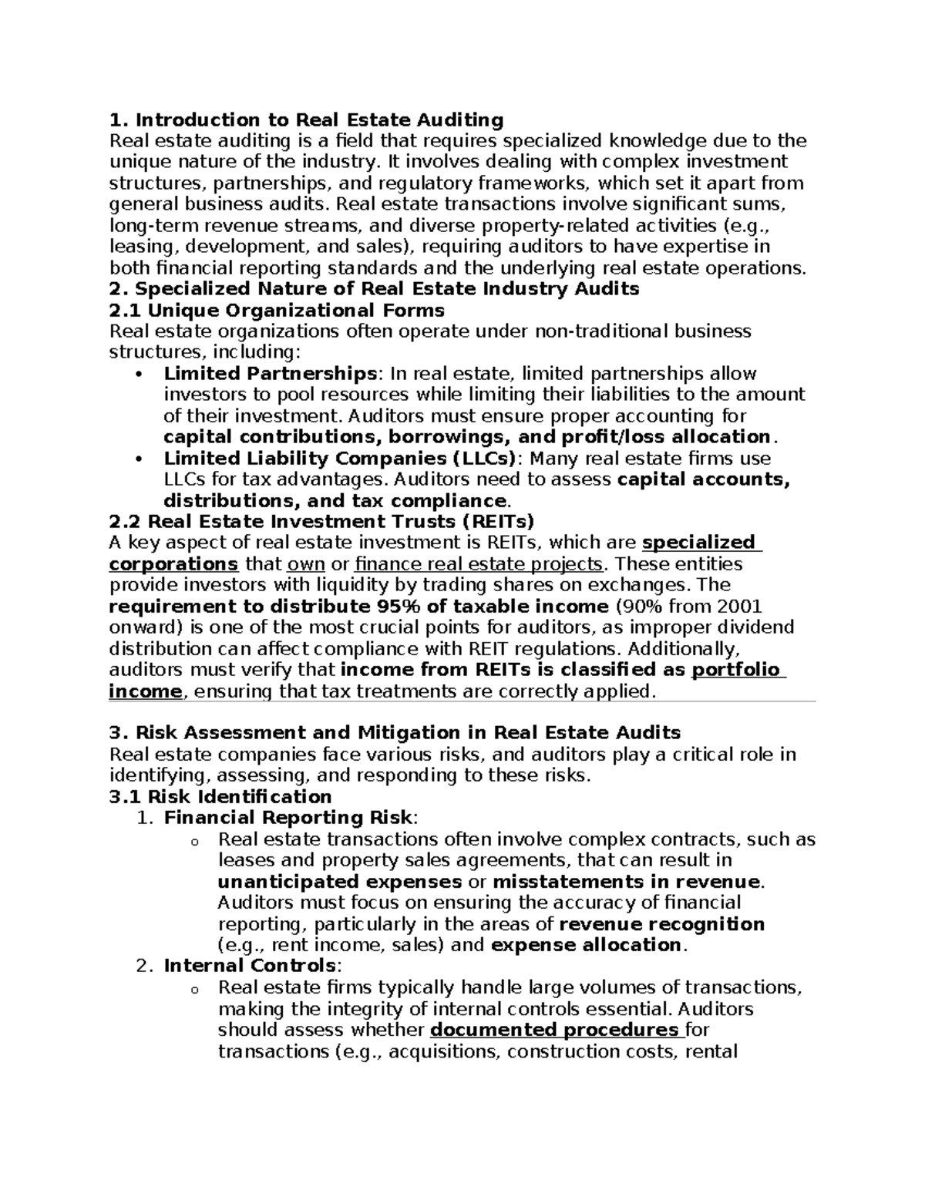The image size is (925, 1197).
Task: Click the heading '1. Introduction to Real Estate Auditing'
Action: click(x=306, y=119)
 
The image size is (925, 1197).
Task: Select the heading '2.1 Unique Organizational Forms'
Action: click(x=277, y=310)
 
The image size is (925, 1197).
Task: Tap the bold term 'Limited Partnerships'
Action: click(x=269, y=374)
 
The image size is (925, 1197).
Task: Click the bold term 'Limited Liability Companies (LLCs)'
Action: click(x=339, y=459)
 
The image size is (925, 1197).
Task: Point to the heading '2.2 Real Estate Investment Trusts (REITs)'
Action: click(x=321, y=522)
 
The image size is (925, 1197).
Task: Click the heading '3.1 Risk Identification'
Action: click(x=220, y=797)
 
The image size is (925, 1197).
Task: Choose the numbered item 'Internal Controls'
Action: click(x=250, y=966)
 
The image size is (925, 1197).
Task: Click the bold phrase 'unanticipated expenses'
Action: click(x=340, y=882)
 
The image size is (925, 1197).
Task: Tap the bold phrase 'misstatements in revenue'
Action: click(x=626, y=882)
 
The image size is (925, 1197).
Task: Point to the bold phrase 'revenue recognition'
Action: click(x=661, y=924)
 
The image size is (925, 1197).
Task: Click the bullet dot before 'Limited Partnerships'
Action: click(x=139, y=375)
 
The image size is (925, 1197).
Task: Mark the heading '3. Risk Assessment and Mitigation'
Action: click(x=395, y=732)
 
